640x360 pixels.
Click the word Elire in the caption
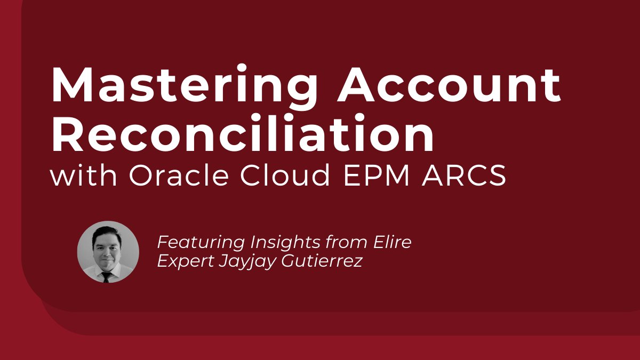coord(391,243)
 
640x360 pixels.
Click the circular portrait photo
coord(108,252)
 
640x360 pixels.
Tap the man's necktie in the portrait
coord(107,276)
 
